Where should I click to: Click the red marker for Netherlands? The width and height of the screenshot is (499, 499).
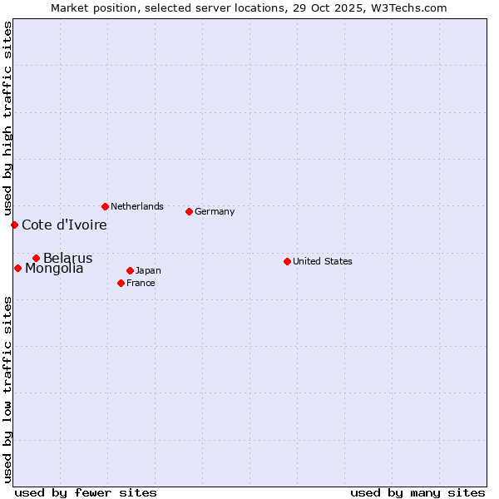(105, 206)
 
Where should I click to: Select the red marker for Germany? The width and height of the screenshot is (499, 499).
(189, 211)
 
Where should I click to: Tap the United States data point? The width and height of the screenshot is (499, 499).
(287, 261)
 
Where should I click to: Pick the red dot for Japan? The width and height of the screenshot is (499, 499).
(130, 270)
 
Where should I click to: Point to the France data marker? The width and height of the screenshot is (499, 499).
(121, 283)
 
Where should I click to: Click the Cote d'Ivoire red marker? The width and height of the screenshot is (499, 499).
(14, 225)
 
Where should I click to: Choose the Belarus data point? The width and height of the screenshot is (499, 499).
(36, 258)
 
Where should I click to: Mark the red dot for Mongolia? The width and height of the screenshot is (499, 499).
(17, 268)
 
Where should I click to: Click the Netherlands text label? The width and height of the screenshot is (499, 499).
(137, 206)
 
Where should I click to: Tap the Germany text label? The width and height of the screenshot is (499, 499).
(215, 211)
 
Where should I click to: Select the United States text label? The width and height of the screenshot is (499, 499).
(323, 261)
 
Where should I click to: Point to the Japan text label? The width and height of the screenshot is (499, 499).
(148, 270)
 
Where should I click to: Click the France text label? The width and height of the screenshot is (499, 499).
(141, 283)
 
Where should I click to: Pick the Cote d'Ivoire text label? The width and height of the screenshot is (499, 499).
(64, 225)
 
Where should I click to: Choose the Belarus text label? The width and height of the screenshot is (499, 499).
(68, 258)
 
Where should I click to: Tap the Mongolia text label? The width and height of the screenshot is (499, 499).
(54, 269)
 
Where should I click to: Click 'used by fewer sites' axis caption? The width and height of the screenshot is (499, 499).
(86, 492)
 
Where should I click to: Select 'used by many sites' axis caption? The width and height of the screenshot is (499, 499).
(417, 492)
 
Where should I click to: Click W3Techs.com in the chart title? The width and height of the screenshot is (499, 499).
(408, 7)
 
